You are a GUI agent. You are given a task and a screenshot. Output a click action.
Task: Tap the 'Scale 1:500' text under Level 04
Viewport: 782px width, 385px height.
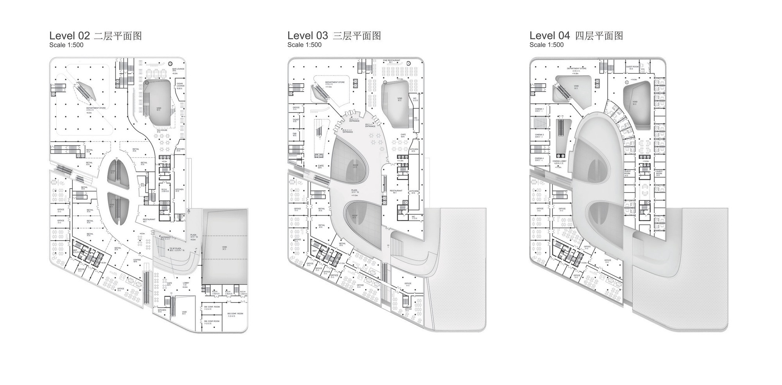[x=546, y=45]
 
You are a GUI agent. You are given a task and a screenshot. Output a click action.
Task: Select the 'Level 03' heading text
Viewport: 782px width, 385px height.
[x=307, y=36]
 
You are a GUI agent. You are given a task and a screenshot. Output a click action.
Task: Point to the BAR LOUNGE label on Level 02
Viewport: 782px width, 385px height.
[x=178, y=69]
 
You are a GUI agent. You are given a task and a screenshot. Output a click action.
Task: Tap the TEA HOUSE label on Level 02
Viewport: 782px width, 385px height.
[x=162, y=130]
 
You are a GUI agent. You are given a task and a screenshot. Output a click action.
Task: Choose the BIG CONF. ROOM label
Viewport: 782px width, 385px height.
[x=235, y=313]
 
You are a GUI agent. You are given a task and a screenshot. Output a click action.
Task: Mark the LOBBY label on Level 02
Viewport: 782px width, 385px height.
[x=186, y=283]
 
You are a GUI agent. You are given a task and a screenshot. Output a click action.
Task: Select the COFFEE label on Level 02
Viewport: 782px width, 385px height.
[x=137, y=259]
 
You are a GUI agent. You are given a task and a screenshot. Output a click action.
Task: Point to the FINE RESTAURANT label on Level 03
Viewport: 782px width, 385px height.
[x=391, y=60]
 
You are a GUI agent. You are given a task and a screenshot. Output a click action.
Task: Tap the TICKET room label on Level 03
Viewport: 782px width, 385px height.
[x=296, y=119]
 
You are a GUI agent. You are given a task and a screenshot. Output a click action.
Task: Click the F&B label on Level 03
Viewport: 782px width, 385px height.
[x=295, y=133]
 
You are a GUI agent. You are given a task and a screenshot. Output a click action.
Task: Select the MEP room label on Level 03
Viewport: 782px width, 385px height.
[x=314, y=251]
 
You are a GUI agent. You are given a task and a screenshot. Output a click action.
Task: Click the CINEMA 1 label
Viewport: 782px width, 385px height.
[x=539, y=109]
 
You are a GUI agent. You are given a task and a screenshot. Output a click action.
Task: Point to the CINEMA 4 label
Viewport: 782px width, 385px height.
[x=539, y=158]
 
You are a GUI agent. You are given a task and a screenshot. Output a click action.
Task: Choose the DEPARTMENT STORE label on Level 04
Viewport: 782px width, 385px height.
[x=577, y=68]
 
